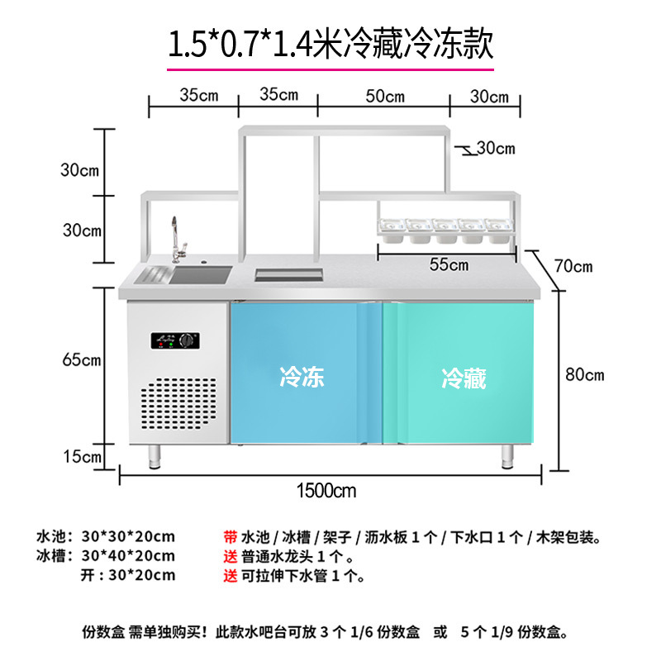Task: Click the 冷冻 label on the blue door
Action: (302, 378)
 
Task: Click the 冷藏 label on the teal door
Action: (463, 379)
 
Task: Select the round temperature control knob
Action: (187, 338)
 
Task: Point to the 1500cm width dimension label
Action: (326, 491)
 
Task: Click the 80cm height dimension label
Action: (583, 374)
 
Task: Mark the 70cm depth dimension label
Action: (573, 266)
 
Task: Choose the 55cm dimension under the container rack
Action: (449, 264)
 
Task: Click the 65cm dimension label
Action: (80, 360)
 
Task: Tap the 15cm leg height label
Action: (80, 455)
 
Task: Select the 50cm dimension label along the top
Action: (384, 96)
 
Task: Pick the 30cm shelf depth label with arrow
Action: (494, 148)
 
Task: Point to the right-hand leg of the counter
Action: (507, 455)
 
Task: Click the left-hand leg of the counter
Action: (155, 455)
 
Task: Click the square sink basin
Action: (201, 272)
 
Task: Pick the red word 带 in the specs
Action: (231, 535)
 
